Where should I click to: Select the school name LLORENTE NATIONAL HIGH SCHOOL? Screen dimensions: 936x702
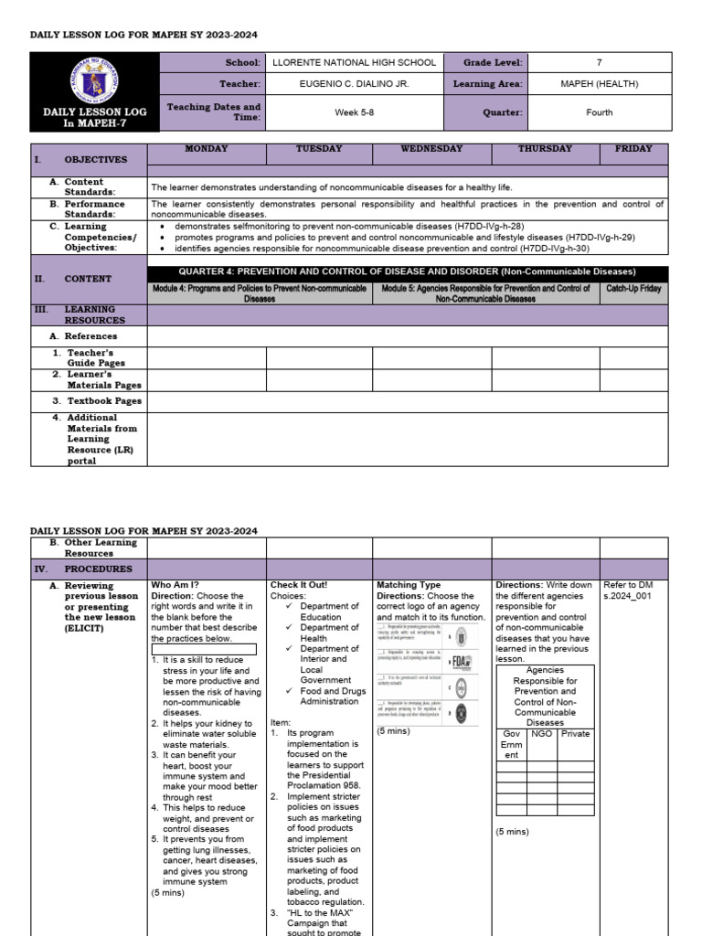click(351, 62)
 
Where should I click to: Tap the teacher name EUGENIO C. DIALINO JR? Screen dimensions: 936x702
click(351, 84)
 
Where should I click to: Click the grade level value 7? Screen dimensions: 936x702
click(599, 62)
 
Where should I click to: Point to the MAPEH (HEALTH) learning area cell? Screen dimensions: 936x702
click(599, 84)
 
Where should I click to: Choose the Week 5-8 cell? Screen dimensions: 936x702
click(351, 112)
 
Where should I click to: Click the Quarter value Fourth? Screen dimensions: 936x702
click(599, 112)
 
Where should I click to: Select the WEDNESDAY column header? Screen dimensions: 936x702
click(431, 149)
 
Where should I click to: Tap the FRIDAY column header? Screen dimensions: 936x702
click(633, 149)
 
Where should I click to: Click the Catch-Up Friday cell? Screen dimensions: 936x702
click(633, 288)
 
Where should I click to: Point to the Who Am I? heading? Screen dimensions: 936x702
click(175, 585)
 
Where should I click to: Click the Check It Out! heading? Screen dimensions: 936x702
click(299, 585)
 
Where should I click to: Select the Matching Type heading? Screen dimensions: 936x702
click(408, 585)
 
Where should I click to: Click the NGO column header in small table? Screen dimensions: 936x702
click(541, 733)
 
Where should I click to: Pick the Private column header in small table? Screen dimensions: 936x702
click(575, 733)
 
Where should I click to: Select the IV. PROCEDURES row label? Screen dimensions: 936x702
click(88, 569)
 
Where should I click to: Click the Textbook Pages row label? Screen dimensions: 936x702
click(103, 401)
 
